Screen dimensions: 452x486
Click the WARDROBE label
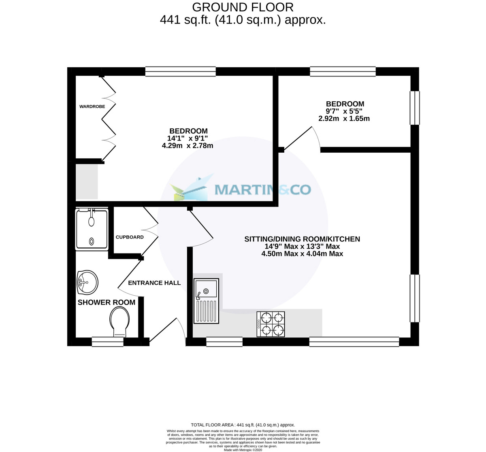point(92,107)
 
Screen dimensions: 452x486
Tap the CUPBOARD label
point(130,237)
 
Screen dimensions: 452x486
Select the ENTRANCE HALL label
point(154,283)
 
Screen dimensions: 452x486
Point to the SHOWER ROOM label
point(107,302)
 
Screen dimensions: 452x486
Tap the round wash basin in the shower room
point(87,282)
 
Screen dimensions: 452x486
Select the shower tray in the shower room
point(92,229)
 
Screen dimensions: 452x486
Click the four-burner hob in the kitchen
point(271,324)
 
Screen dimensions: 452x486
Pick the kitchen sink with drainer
point(206,301)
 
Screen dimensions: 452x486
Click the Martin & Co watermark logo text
point(262,190)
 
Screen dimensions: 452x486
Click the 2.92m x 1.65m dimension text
point(344,119)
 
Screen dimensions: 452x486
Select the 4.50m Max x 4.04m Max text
point(302,254)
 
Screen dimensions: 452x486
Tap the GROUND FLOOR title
point(243,7)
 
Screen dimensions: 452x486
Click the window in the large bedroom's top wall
point(180,72)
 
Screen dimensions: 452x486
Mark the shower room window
point(107,342)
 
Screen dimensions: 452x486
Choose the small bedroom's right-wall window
point(415,108)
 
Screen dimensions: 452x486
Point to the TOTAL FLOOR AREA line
point(243,425)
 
